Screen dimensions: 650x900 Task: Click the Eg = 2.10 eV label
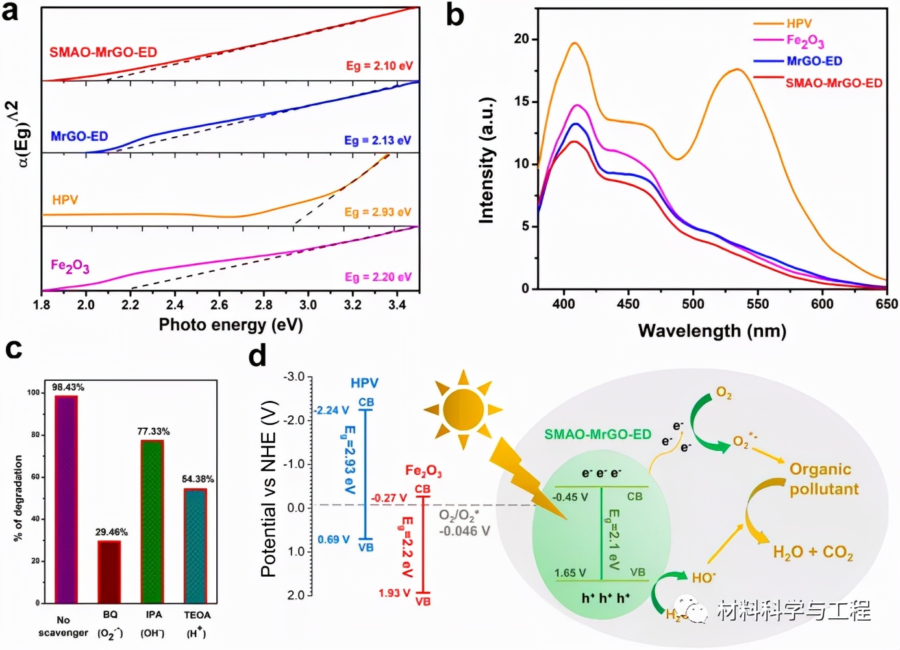379,66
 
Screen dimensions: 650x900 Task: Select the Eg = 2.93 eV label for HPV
378,212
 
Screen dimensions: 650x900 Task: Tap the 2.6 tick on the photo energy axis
219,305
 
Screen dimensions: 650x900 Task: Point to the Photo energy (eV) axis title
231,324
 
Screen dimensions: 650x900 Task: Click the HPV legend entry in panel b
799,23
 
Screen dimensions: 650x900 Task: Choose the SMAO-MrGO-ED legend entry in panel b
834,83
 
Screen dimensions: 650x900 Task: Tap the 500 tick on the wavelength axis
693,304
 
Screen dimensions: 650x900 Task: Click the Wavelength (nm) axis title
712,331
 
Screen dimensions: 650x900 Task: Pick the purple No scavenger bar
66,499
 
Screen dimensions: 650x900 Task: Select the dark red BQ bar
109,572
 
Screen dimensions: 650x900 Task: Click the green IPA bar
152,522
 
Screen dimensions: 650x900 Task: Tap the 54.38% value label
197,479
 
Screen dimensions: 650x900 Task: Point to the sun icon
462,409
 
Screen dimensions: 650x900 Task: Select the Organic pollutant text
823,479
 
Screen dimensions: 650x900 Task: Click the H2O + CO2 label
812,553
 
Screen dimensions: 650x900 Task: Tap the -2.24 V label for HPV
332,410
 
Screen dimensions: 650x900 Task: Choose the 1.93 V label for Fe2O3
395,593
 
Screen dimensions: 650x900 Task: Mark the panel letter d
257,355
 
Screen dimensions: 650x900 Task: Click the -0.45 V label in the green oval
570,497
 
